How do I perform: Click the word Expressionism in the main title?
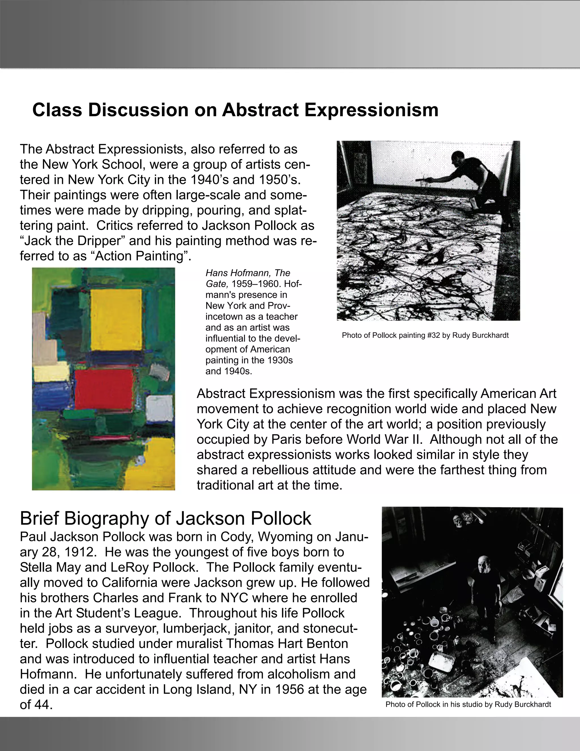pos(371,110)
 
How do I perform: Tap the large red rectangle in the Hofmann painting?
pos(104,389)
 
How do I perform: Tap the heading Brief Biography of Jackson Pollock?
pos(165,518)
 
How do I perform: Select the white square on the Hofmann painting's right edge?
pos(159,406)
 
